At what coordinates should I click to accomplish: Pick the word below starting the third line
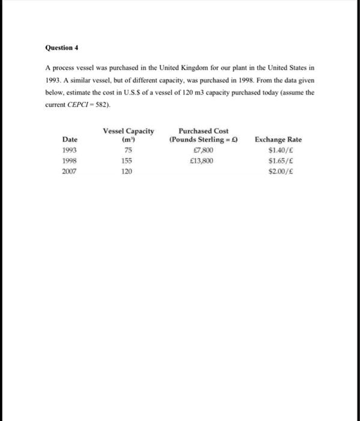coord(55,93)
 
